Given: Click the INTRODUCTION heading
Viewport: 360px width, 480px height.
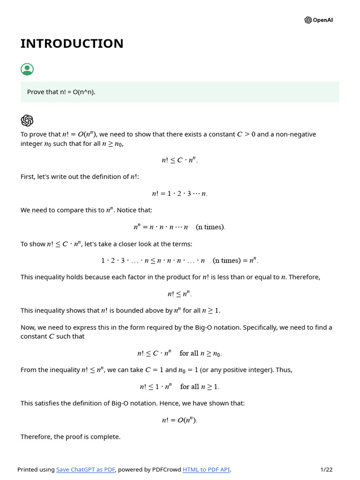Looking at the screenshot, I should (x=72, y=44).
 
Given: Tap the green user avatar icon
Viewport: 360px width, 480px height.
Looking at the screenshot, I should (x=27, y=69).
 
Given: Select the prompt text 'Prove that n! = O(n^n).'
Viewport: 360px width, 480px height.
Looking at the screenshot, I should (x=61, y=92).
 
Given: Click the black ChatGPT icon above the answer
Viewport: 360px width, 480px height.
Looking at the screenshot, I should (x=27, y=120).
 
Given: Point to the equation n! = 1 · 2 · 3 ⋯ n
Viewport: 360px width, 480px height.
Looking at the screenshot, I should (x=180, y=194).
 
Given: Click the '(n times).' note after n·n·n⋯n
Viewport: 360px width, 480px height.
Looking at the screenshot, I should (x=210, y=227).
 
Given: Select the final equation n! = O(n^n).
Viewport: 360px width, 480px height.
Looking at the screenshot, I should (x=180, y=420).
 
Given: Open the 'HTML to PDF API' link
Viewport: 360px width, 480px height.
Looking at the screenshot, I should (x=206, y=470).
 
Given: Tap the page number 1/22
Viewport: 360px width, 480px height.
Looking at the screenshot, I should (x=326, y=470).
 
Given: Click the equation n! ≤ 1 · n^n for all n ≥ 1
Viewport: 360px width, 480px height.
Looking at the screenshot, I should (x=180, y=387).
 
